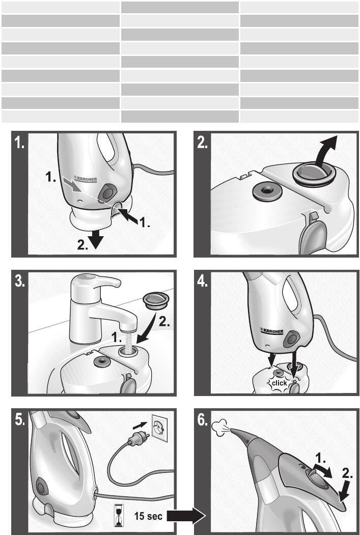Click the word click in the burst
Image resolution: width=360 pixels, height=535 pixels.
click(280, 383)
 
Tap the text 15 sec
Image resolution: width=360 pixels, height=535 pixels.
click(148, 516)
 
